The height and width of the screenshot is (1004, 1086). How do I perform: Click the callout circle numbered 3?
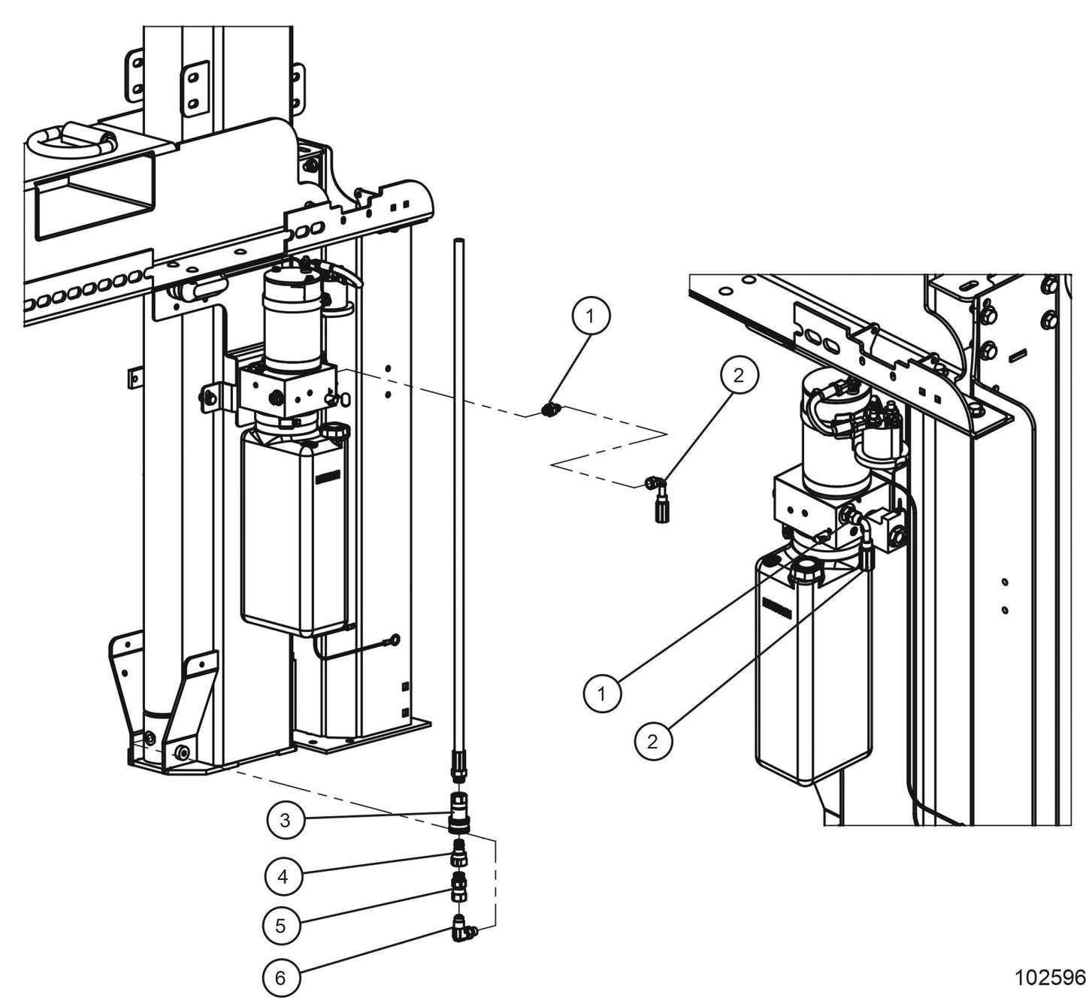[x=285, y=821]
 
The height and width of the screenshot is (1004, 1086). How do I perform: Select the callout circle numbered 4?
[x=283, y=876]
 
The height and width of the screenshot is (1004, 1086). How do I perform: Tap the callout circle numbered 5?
[x=280, y=925]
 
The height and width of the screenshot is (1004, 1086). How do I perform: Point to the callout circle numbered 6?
[x=280, y=978]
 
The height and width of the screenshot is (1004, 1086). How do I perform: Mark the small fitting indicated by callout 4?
[x=458, y=854]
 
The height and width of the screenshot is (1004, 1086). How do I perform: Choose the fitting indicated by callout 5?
[x=458, y=888]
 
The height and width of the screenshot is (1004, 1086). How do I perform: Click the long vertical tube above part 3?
[x=458, y=488]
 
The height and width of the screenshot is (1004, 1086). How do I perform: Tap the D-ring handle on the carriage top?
[x=71, y=140]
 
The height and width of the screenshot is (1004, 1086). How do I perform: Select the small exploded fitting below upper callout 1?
[x=549, y=410]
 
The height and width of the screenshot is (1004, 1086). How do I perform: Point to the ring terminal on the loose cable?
[x=392, y=640]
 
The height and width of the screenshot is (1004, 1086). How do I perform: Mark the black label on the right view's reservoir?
[x=776, y=608]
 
